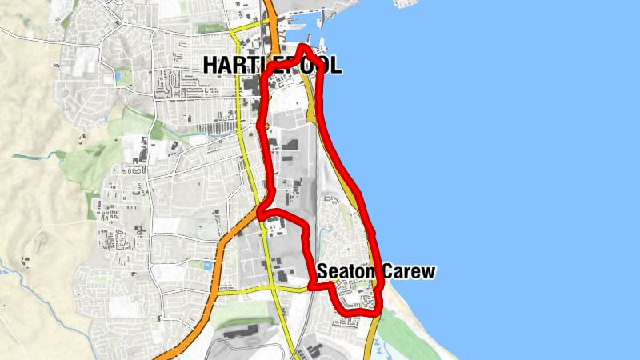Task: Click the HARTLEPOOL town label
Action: coord(272,66)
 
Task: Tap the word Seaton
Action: coord(346,272)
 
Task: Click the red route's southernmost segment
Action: coord(356,314)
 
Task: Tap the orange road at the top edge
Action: coord(270,8)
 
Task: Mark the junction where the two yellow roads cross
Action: coord(277,286)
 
